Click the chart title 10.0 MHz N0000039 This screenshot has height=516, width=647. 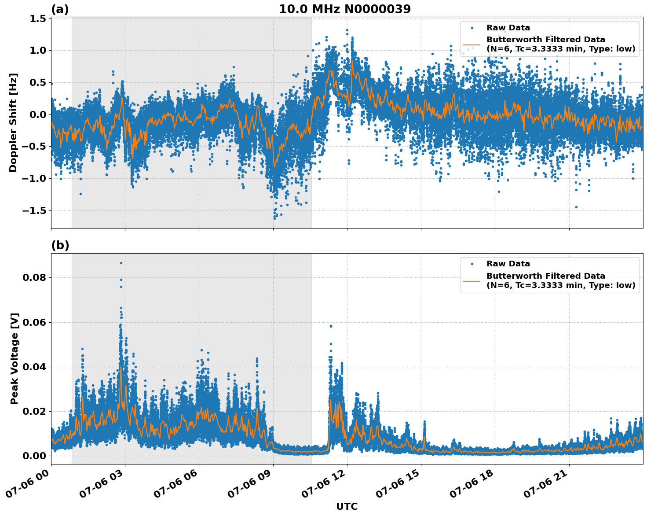[345, 9]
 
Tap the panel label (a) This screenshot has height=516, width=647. [60, 9]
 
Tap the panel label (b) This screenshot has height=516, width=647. [60, 245]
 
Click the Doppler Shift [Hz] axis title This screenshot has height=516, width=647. [13, 122]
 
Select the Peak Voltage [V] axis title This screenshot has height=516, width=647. [15, 358]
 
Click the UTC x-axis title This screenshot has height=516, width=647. [347, 506]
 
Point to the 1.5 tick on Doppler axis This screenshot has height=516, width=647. [38, 18]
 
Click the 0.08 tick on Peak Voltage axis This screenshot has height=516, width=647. [34, 278]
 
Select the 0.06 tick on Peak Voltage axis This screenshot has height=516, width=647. [34, 322]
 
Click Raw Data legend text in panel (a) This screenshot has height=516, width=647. [508, 28]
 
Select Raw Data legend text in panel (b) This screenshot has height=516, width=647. [508, 264]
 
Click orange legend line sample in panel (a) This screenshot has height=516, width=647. [472, 44]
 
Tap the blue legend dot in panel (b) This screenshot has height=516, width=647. [472, 264]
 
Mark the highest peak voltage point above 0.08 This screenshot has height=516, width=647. [121, 263]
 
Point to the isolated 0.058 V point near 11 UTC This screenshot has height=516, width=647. [331, 326]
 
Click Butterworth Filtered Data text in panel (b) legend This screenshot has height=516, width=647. [545, 276]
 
